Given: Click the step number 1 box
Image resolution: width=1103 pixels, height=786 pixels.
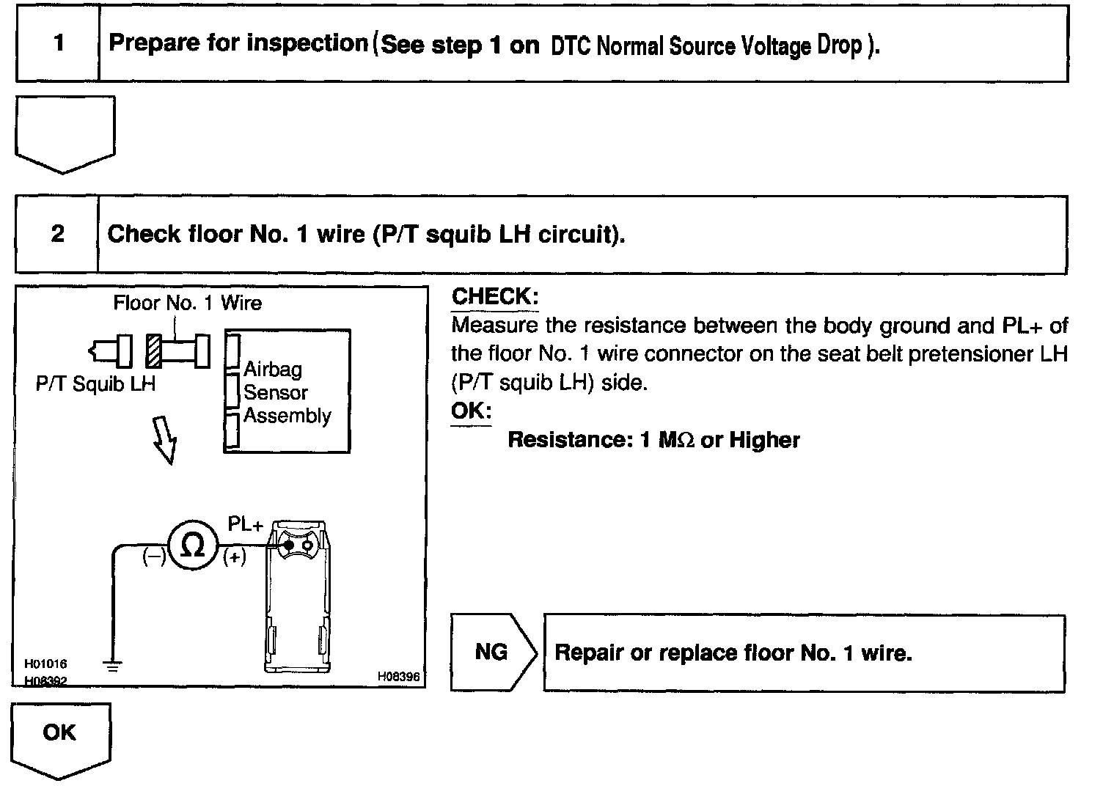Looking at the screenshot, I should [x=58, y=43].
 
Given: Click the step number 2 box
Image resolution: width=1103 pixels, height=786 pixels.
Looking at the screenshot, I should [x=57, y=234].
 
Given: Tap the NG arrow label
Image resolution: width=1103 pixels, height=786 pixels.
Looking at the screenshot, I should [x=491, y=652].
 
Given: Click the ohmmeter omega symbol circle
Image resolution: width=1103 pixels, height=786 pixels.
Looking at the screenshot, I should [x=193, y=546].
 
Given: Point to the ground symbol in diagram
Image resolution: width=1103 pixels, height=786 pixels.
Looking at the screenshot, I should [x=112, y=666].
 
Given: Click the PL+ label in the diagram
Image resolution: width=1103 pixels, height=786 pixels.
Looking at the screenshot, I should [x=246, y=525].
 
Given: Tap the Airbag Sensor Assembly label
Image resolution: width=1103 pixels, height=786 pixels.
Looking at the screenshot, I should [x=287, y=392].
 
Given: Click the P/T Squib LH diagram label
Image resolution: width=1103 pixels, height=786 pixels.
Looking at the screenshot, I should [x=96, y=384].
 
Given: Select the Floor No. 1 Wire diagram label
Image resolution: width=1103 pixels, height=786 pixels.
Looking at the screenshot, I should [x=187, y=303].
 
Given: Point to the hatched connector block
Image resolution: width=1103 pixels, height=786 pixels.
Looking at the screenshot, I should [x=154, y=351].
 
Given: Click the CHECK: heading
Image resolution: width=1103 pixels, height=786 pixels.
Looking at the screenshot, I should [x=495, y=297].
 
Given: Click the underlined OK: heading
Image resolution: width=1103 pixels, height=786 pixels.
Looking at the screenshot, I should [x=471, y=411].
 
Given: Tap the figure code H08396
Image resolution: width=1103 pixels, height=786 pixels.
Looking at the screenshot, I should [x=399, y=676].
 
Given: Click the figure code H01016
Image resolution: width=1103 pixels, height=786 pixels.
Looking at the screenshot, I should [x=45, y=664].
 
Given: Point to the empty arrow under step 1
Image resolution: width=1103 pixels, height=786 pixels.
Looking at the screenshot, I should [x=65, y=133].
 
